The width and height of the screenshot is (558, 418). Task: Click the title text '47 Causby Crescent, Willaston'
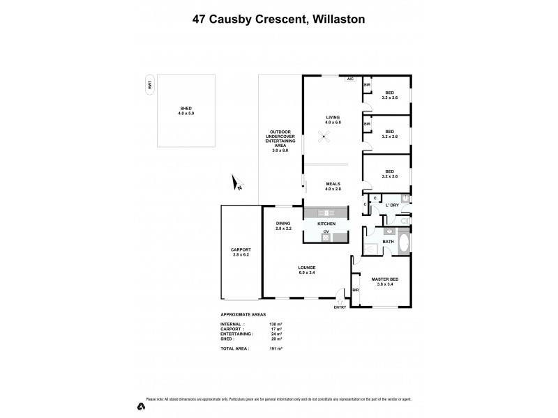pyautogui.click(x=278, y=20)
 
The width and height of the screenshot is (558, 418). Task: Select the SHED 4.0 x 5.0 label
pyautogui.click(x=186, y=111)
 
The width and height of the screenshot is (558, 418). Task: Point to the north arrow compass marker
pyautogui.click(x=237, y=183)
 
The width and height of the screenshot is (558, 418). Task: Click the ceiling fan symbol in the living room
pyautogui.click(x=323, y=139)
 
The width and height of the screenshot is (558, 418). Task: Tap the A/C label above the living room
pyautogui.click(x=350, y=79)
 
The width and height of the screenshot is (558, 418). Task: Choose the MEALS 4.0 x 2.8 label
pyautogui.click(x=332, y=186)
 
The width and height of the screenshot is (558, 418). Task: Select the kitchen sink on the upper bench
pyautogui.click(x=325, y=212)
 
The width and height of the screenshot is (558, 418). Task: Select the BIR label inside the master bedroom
pyautogui.click(x=356, y=290)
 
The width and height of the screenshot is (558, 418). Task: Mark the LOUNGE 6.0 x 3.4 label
pyautogui.click(x=307, y=269)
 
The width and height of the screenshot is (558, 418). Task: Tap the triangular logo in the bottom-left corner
pyautogui.click(x=141, y=405)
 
